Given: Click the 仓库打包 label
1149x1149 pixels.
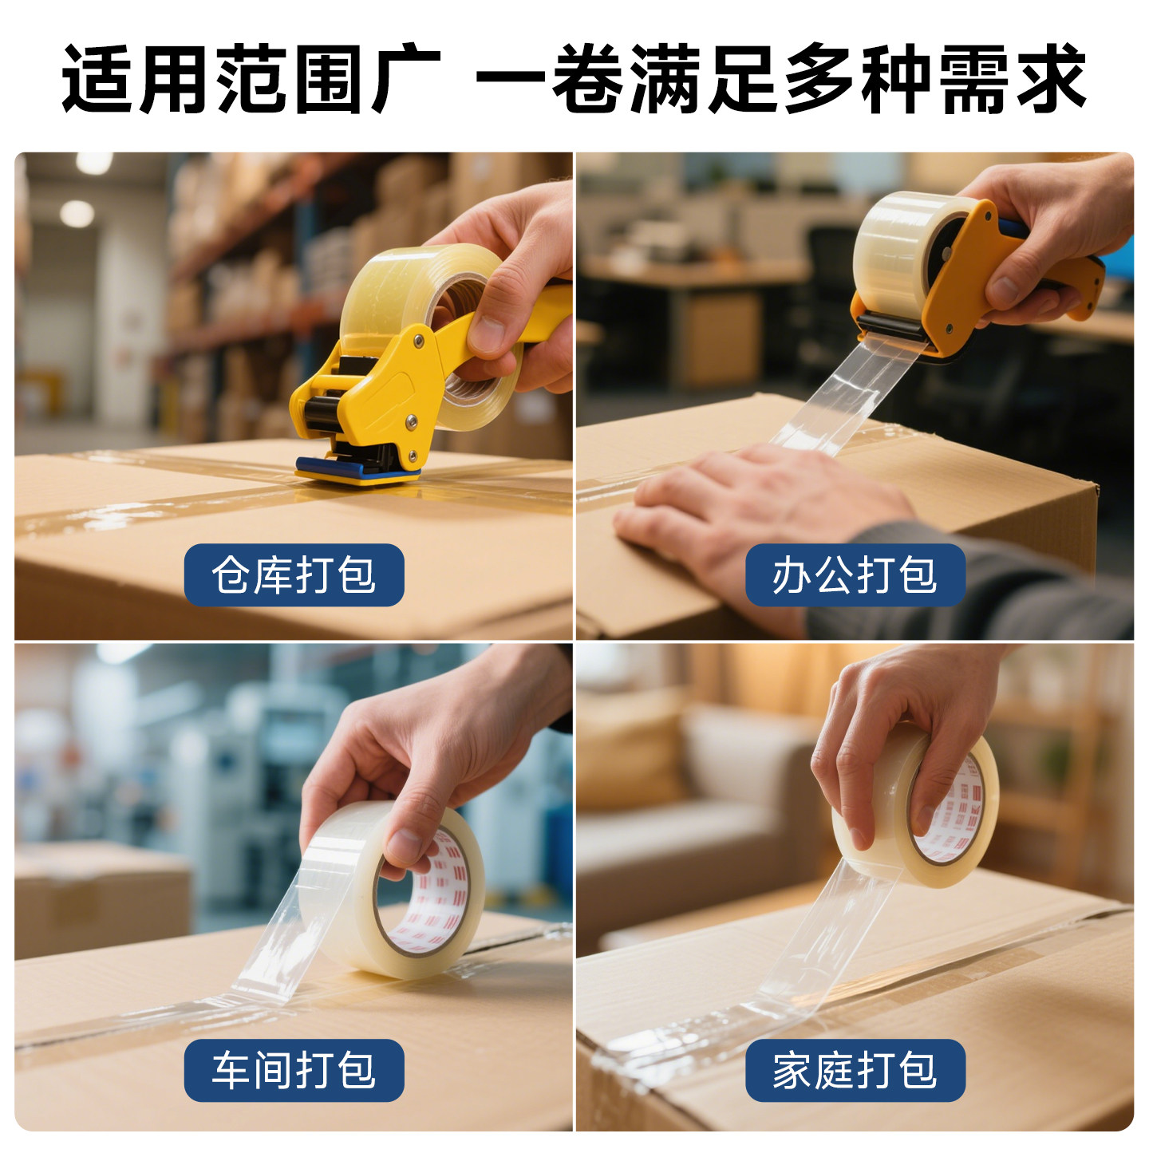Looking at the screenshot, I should pos(294,574).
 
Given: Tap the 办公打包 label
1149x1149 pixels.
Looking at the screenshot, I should pos(855,574).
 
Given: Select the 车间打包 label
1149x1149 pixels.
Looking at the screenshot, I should pos(294,1070).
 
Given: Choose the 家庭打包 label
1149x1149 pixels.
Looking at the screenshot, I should pos(855,1070).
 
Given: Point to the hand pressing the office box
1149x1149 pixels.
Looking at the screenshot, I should pos(758,511).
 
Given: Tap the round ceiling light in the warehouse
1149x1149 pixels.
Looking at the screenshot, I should pos(77,214).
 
